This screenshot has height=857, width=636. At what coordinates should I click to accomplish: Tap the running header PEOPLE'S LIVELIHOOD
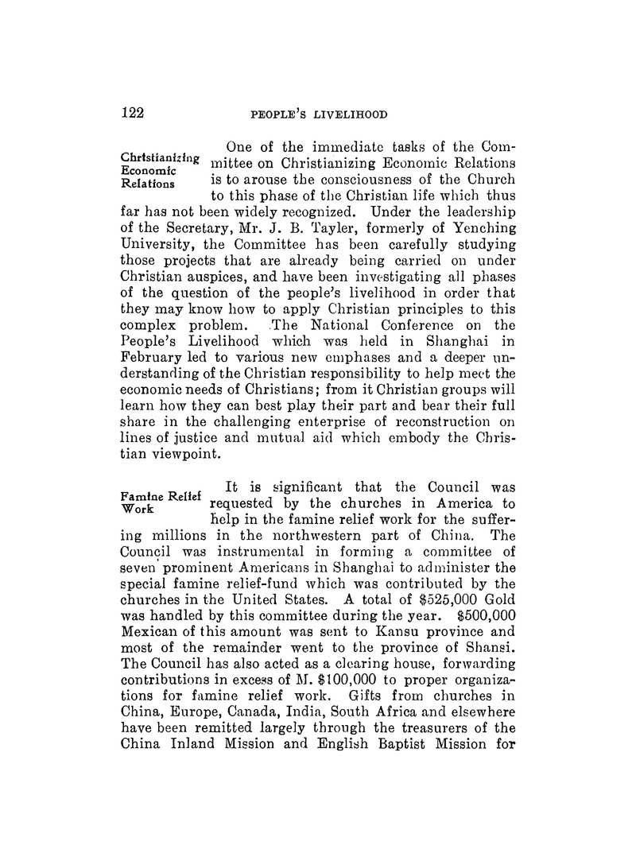(319, 114)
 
